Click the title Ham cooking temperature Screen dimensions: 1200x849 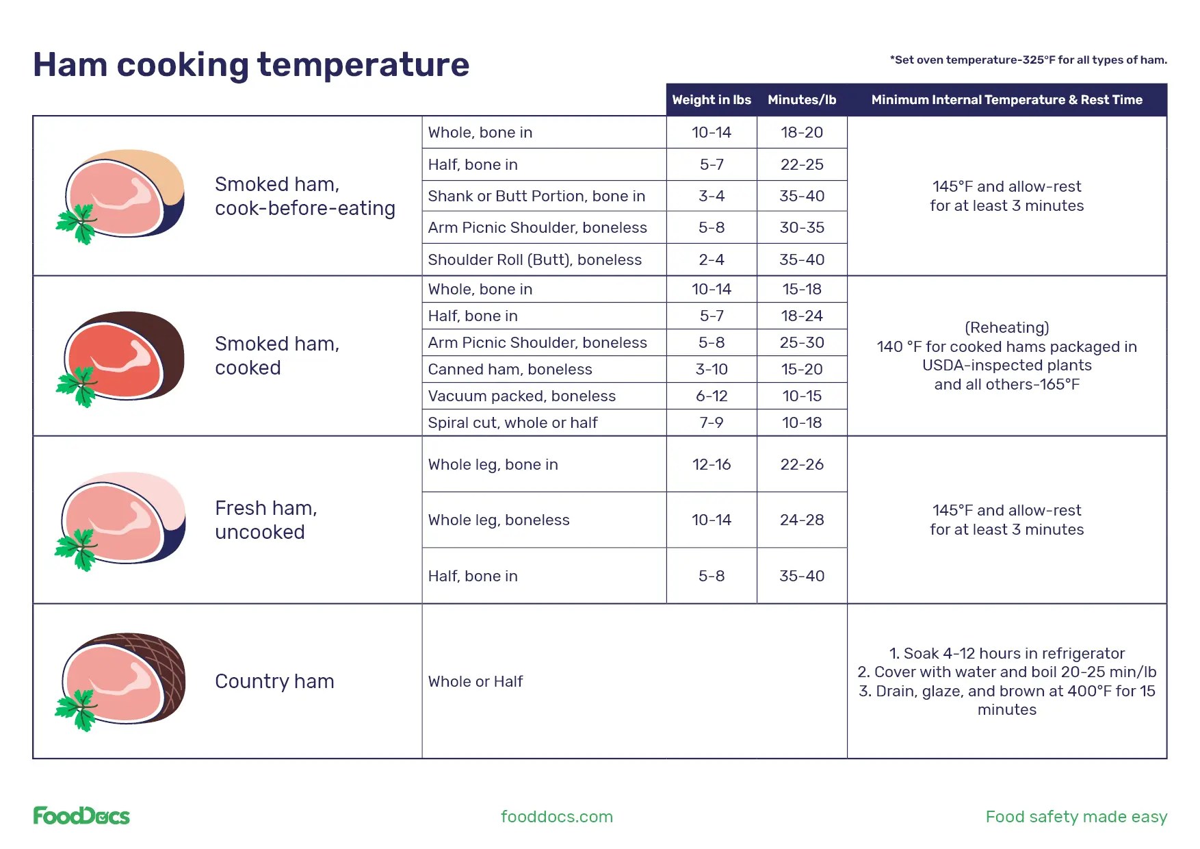[251, 65]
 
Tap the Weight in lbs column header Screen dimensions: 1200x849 [712, 100]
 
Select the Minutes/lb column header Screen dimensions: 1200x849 [802, 100]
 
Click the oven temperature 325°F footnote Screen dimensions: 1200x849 [1028, 60]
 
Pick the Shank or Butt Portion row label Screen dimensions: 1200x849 [536, 197]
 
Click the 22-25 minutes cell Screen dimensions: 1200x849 [802, 165]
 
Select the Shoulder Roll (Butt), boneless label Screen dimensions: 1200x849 [534, 260]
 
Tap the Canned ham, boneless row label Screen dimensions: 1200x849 [510, 370]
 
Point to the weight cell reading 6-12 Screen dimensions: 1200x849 [712, 396]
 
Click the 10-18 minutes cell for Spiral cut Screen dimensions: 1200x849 [802, 423]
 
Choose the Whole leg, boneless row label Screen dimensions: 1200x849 [499, 520]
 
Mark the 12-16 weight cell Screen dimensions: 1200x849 [712, 465]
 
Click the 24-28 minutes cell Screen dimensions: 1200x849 [802, 520]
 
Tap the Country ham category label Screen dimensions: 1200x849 [274, 682]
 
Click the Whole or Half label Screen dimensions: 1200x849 [475, 682]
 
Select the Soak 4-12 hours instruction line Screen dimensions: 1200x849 [1006, 654]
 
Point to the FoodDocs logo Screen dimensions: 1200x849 [81, 816]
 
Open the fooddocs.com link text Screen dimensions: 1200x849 [556, 817]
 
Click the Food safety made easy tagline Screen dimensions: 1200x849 [1075, 817]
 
